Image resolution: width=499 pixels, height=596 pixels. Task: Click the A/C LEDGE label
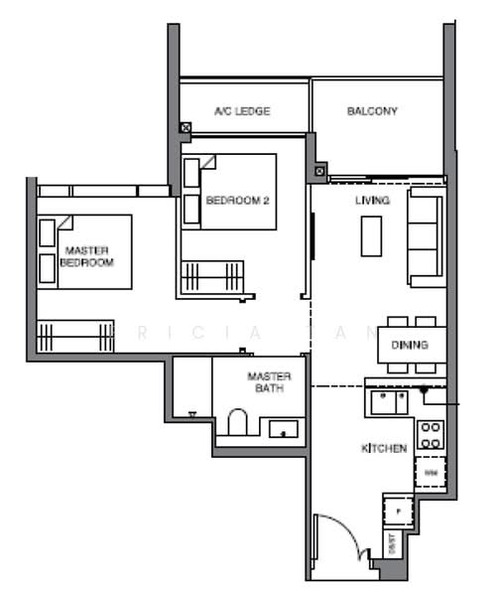click(x=242, y=112)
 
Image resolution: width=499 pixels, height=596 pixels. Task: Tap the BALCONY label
click(x=372, y=111)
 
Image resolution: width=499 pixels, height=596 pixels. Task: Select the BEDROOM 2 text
click(x=237, y=200)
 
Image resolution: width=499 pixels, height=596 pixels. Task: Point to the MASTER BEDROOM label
click(x=86, y=256)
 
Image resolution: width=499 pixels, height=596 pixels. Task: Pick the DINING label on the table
click(x=410, y=346)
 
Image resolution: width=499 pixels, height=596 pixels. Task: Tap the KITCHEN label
click(x=383, y=449)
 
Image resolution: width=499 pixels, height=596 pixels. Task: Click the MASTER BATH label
click(x=268, y=382)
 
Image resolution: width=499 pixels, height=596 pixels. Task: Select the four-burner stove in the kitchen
click(x=431, y=433)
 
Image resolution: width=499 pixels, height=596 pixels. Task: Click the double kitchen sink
click(x=388, y=400)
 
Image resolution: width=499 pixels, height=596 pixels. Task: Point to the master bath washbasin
click(x=284, y=428)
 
